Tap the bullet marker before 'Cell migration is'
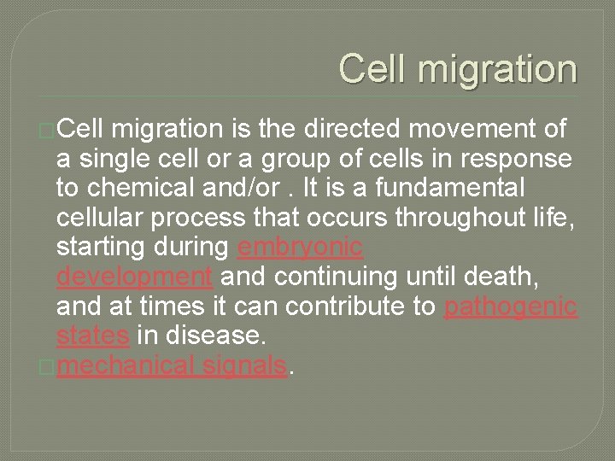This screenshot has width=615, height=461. click(50, 130)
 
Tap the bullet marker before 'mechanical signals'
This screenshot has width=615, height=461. click(50, 367)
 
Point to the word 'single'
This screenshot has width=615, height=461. click(114, 159)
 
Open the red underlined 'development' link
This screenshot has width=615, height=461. click(134, 277)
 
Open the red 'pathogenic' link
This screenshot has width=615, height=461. click(511, 307)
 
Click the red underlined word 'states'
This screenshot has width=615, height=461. click(92, 337)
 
